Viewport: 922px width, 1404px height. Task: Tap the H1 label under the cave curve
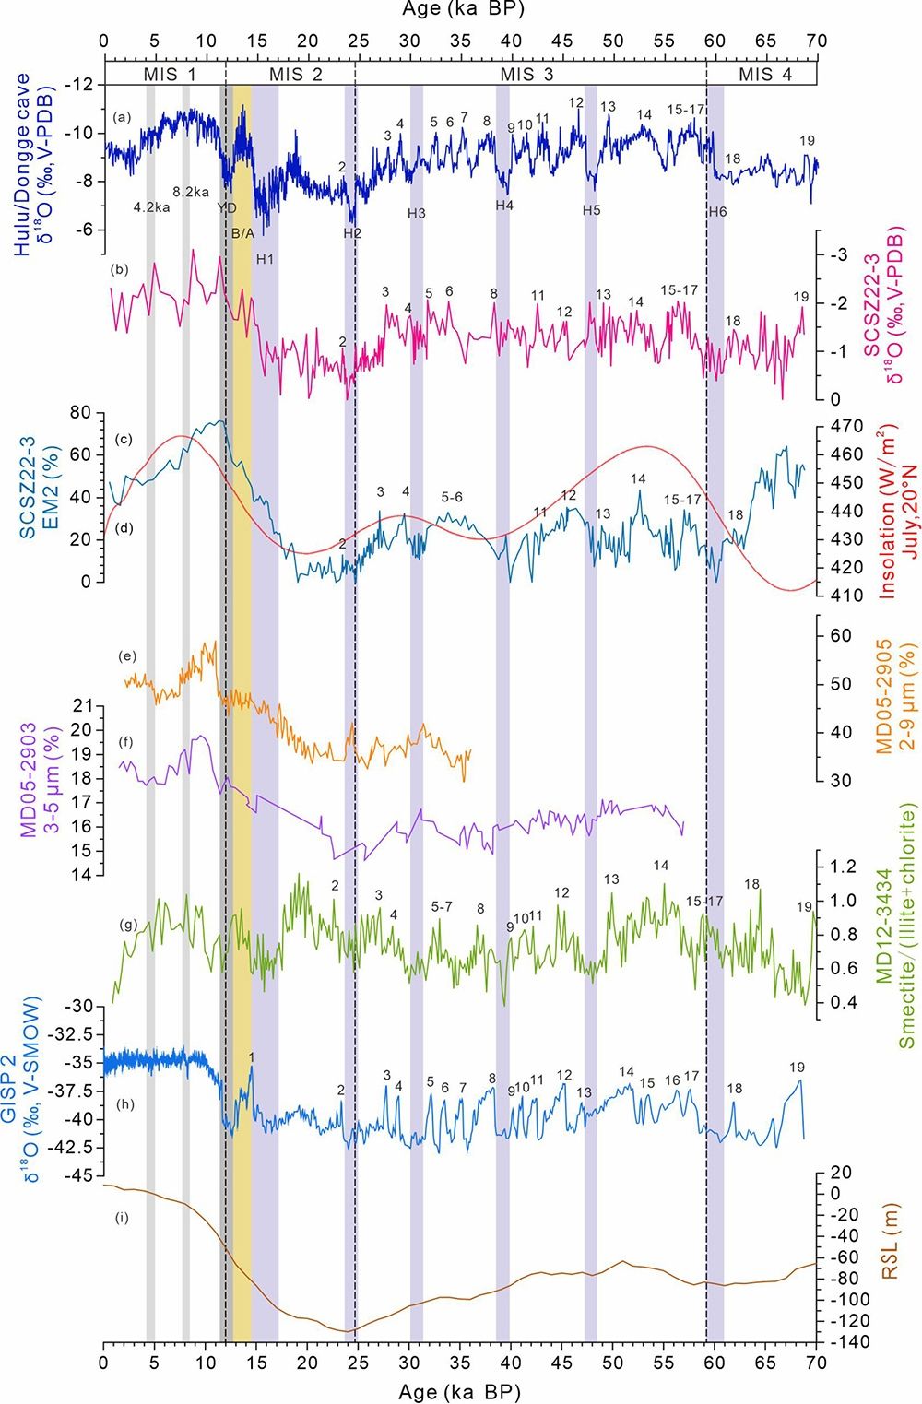coord(265,259)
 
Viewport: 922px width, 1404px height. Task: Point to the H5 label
coord(591,211)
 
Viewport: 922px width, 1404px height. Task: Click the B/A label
coord(242,233)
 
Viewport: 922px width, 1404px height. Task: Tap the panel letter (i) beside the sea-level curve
coord(121,1219)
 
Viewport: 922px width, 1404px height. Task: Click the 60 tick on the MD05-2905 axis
coord(840,636)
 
